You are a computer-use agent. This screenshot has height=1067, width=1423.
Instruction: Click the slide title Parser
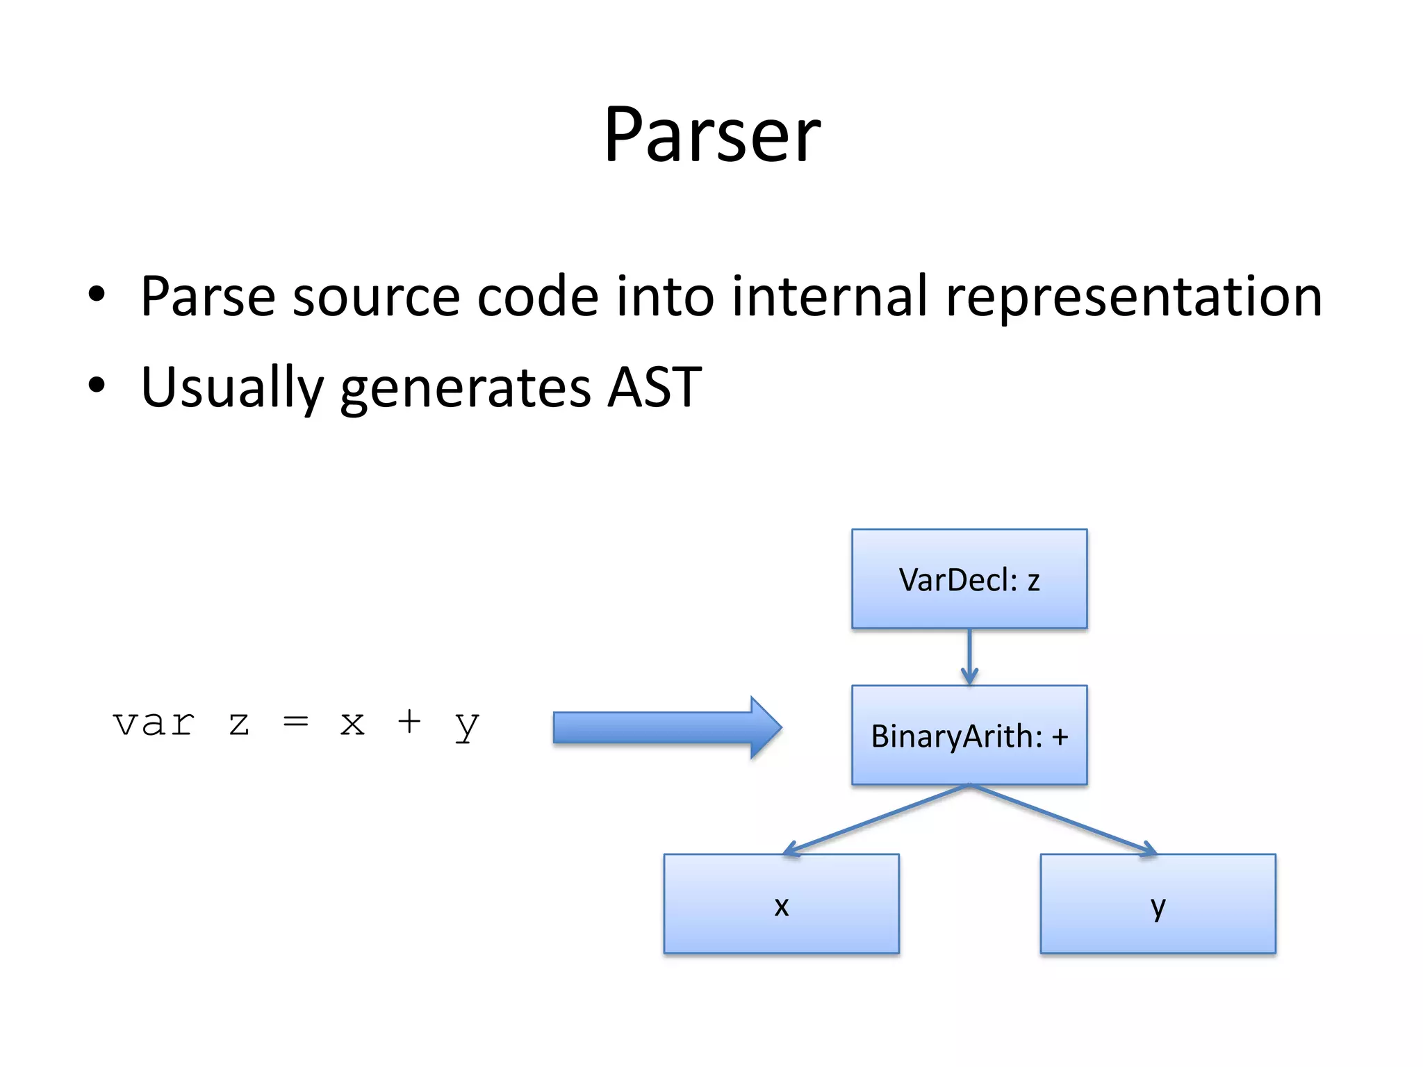pos(711,135)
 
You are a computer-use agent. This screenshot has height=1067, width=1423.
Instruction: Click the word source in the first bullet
pos(376,297)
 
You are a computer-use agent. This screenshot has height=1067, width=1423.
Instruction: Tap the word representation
pos(1133,297)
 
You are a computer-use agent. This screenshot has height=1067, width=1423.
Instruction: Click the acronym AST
pos(654,387)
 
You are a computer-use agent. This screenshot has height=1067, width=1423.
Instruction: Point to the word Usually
pos(232,388)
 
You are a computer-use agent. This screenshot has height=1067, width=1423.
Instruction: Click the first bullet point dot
pos(97,295)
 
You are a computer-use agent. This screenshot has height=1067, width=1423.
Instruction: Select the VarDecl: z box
pos(969,579)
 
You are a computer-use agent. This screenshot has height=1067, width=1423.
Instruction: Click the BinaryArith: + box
pos(969,735)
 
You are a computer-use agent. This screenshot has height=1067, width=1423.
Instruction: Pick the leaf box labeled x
pos(781,903)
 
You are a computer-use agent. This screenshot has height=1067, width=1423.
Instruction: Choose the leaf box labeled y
pos(1158,903)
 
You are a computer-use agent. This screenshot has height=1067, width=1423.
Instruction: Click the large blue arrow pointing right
pos(667,727)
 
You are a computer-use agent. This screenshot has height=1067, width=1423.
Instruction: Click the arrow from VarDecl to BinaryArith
pos(969,656)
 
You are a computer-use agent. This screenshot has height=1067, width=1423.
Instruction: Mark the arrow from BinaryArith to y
pos(1063,819)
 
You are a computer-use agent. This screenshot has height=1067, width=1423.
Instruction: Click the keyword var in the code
pos(154,724)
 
